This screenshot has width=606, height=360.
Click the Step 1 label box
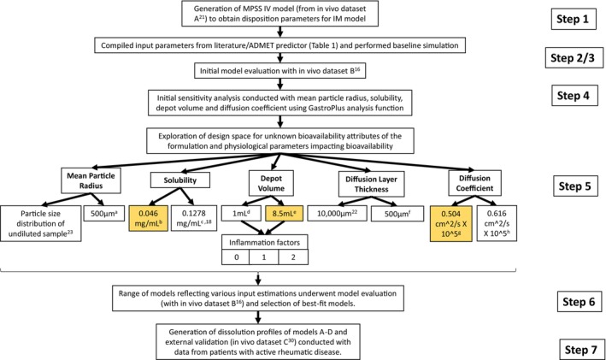click(574, 19)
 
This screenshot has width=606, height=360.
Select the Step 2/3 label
click(574, 57)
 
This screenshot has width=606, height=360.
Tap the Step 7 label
click(582, 350)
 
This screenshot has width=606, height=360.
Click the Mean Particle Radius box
click(91, 180)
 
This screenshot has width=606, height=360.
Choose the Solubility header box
click(180, 180)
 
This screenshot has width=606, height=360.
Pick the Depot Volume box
click(271, 183)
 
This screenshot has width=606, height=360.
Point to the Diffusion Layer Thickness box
click(372, 184)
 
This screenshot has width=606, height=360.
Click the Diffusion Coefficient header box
click(474, 183)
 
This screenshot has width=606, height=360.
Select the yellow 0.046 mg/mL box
click(149, 218)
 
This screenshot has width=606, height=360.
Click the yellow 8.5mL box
click(285, 213)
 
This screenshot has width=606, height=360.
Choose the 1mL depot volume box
click(241, 213)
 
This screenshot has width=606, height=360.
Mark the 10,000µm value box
click(337, 213)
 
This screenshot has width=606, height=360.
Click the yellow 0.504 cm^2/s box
click(451, 223)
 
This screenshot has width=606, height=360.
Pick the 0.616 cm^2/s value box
click(497, 223)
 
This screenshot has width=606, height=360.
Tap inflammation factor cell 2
click(293, 257)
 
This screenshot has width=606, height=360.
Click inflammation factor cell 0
click(236, 257)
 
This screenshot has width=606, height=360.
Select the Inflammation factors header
click(265, 243)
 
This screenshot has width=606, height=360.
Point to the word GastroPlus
click(327, 108)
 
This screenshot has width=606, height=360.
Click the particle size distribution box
click(40, 223)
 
